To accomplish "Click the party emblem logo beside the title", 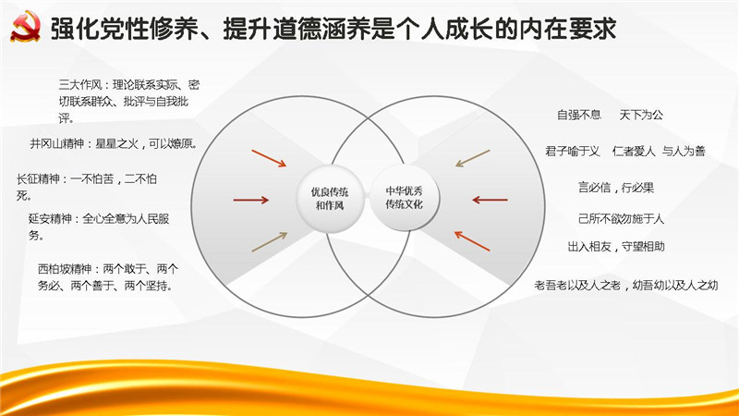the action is point(26,28).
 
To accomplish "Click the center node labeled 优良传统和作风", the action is point(330,199).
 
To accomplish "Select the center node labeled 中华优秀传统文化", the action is point(404,198).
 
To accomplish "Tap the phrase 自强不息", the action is point(579,115).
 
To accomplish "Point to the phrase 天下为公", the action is point(641,115).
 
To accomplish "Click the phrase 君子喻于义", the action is point(572,151).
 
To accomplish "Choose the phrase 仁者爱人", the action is point(634,151).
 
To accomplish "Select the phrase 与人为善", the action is point(684,151).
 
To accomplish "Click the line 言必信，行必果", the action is point(616,188).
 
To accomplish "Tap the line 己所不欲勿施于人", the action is point(621,219).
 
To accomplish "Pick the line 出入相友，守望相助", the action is point(616,247).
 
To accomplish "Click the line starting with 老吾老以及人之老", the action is point(626,285).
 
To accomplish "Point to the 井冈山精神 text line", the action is point(114,143).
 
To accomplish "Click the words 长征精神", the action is point(38,179).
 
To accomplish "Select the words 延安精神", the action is point(50,219).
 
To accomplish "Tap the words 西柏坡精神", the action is point(65,269).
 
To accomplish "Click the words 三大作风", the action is point(79,85).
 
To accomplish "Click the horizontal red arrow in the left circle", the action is point(250,200).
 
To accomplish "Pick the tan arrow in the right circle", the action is point(473,158).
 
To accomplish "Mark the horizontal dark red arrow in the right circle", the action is point(491,200).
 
